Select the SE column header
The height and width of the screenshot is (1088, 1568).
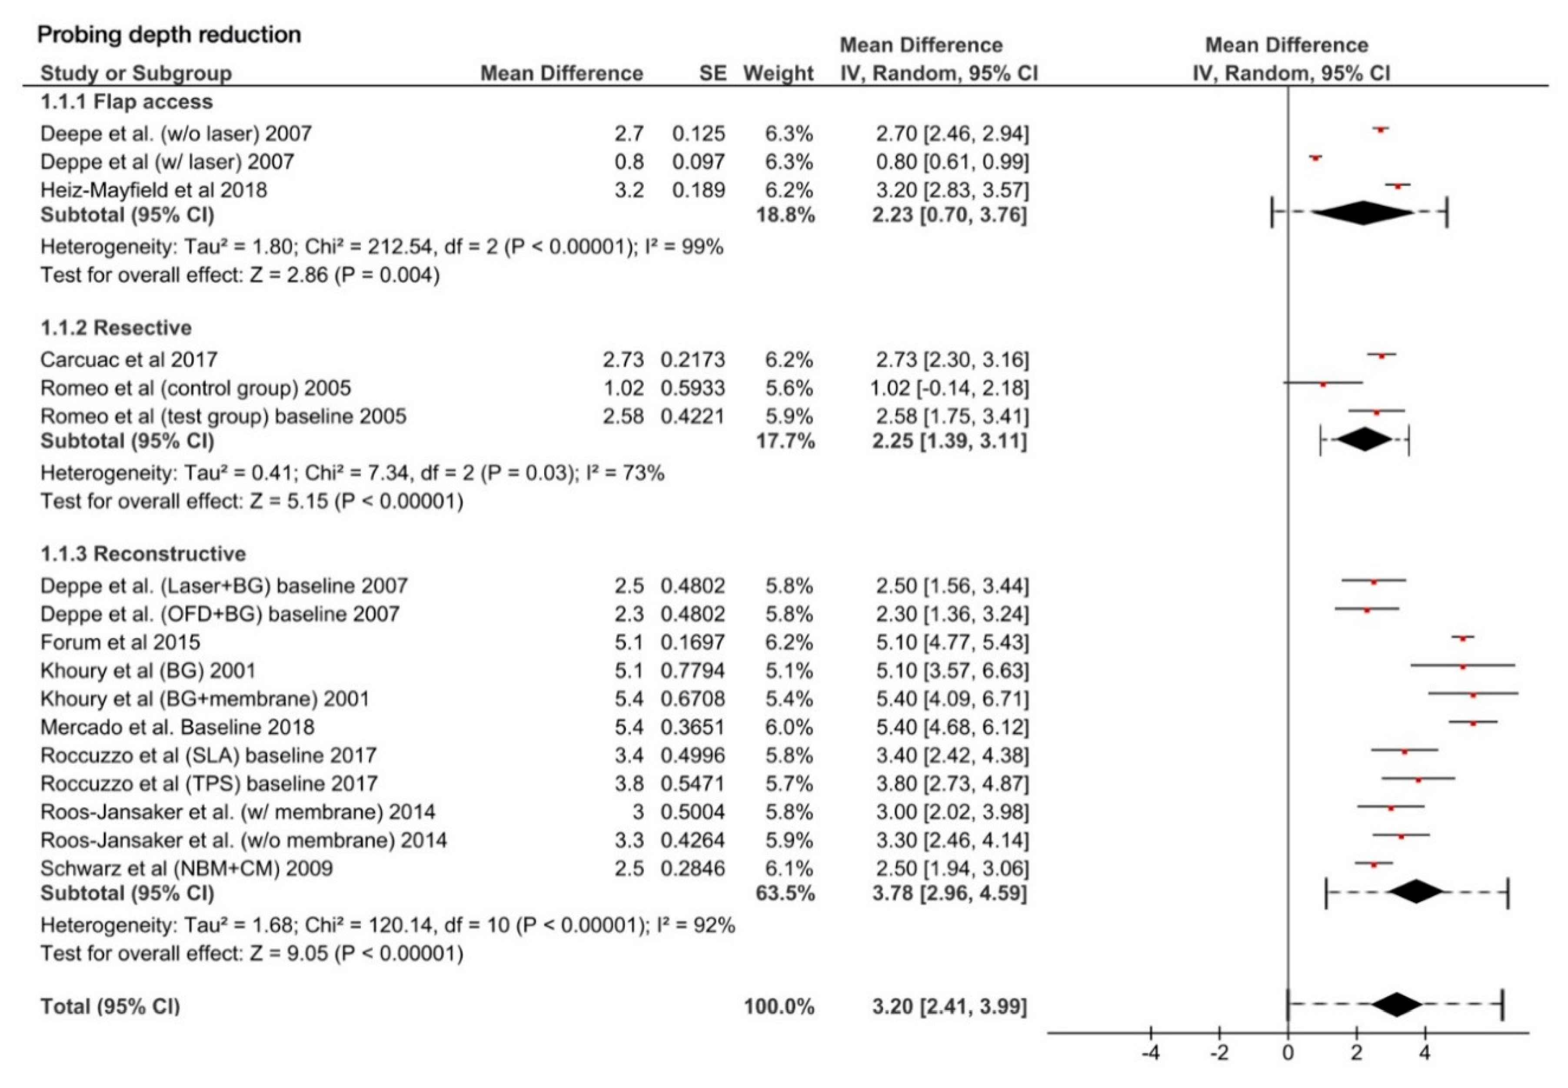[x=712, y=73]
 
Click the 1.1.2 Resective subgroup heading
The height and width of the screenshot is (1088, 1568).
[x=116, y=328]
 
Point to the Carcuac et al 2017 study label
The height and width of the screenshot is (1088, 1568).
[x=129, y=359]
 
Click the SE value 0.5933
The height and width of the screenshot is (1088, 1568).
[x=692, y=388]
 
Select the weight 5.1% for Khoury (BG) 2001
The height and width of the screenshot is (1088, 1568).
[x=788, y=671]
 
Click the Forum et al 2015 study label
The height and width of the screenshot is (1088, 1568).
[x=120, y=642]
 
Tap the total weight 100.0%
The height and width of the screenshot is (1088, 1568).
[x=779, y=1007]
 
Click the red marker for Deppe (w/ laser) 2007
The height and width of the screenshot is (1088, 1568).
[x=1315, y=158]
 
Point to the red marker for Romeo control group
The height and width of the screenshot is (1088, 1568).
[x=1322, y=385]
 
